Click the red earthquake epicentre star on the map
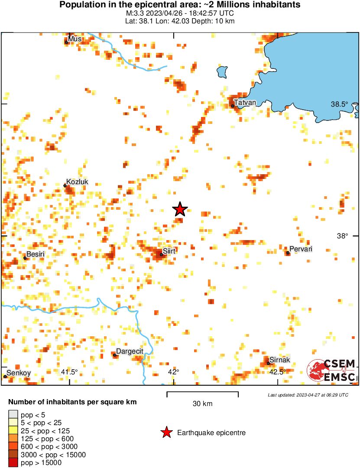click(x=180, y=209)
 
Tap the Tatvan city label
click(x=245, y=102)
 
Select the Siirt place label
click(x=169, y=251)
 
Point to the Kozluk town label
click(x=77, y=182)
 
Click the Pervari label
click(x=300, y=249)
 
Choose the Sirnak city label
click(x=279, y=360)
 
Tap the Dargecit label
click(x=130, y=351)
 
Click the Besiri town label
click(x=36, y=254)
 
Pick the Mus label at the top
click(x=75, y=39)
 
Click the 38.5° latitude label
click(x=339, y=104)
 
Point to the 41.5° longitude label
click(x=69, y=372)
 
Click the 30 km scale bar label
click(x=202, y=404)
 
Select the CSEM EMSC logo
click(x=332, y=371)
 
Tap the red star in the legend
click(x=165, y=432)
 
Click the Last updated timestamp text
click(x=308, y=395)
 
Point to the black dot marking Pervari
click(x=288, y=253)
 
